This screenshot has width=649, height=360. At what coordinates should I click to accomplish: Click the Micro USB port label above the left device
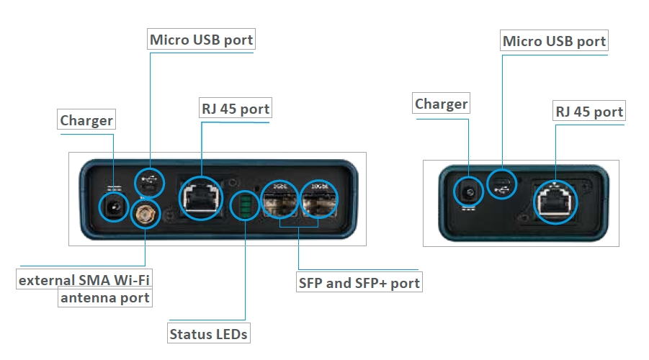click(x=201, y=40)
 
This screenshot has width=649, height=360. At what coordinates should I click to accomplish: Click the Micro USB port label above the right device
click(x=554, y=40)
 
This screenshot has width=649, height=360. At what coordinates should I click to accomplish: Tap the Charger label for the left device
click(x=86, y=120)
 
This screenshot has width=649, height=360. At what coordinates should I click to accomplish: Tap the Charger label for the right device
click(x=442, y=103)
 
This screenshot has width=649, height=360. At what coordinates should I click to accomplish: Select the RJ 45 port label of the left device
click(x=236, y=109)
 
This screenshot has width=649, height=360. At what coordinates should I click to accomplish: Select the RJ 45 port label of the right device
click(x=589, y=111)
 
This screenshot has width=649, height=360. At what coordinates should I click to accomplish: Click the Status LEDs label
click(x=209, y=333)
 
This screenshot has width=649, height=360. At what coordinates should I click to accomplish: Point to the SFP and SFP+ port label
click(x=359, y=282)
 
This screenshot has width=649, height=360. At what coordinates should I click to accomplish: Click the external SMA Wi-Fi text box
click(x=84, y=279)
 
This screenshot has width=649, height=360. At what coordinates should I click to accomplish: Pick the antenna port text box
click(x=105, y=297)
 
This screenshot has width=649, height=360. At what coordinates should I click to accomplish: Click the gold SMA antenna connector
click(x=146, y=214)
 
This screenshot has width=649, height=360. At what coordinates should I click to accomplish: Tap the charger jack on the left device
click(x=113, y=207)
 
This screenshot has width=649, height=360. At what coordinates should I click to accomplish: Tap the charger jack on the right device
click(x=468, y=192)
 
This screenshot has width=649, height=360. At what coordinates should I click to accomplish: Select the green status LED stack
click(x=245, y=206)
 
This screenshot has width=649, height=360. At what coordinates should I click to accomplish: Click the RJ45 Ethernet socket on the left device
click(x=201, y=199)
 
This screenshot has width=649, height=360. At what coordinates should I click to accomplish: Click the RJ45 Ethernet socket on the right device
click(x=555, y=202)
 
